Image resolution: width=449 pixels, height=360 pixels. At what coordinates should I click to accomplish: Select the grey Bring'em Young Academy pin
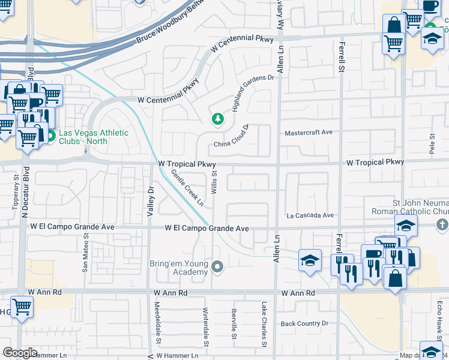point(217,266)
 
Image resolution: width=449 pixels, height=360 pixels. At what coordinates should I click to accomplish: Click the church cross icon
point(442,224)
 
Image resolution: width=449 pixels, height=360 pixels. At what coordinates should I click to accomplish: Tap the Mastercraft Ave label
point(309,133)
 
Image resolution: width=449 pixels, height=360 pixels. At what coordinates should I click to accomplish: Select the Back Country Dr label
point(305,323)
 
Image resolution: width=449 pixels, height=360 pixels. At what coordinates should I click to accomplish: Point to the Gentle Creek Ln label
point(188,188)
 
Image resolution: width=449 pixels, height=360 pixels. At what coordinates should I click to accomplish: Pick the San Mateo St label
point(86,256)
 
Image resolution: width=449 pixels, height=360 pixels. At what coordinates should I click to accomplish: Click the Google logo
point(19,353)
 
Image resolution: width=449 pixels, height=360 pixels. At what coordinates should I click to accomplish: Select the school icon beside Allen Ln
point(309,261)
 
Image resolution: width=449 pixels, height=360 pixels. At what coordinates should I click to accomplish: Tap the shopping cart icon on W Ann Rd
point(22,307)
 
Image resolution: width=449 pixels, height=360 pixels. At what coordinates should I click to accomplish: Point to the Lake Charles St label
point(263,325)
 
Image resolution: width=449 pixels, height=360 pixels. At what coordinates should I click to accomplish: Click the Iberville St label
point(234,325)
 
